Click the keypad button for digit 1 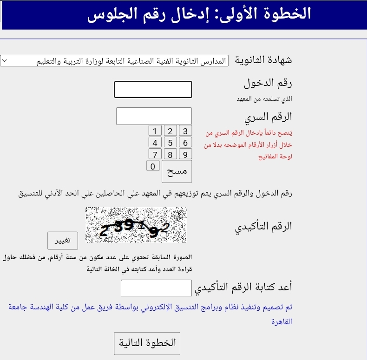click(x=155, y=131)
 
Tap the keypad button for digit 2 click(x=170, y=131)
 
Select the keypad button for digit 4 click(x=155, y=143)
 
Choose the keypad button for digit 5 click(x=170, y=143)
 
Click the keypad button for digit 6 click(x=185, y=143)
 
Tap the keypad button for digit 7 click(x=155, y=155)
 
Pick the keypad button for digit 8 click(x=170, y=155)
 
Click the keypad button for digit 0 click(x=153, y=166)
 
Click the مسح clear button click(x=177, y=171)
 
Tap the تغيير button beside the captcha click(x=63, y=240)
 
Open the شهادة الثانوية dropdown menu click(x=114, y=61)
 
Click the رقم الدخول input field click(x=153, y=90)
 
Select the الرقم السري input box click(x=154, y=116)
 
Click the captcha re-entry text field click(x=156, y=288)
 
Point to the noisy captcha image click(x=136, y=225)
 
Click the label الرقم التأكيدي click(x=264, y=226)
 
